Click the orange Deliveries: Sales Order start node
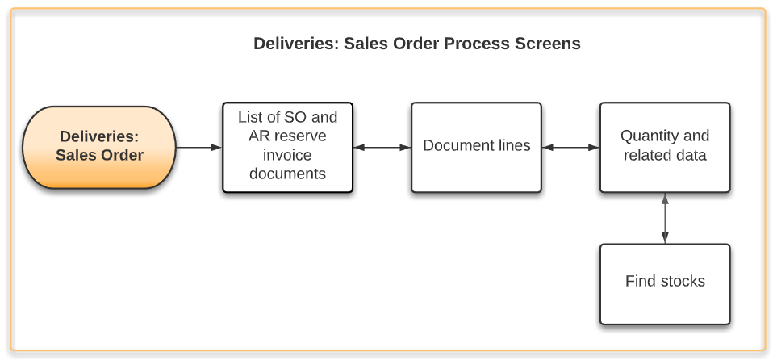pos(99,147)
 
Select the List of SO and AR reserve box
pos(287,147)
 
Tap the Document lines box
pos(476,147)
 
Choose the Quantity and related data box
pos(665,147)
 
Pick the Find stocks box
pos(665,283)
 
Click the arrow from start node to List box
pos(198,148)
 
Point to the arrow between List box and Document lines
pos(382,148)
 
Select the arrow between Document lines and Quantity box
pos(570,148)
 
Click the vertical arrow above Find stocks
pos(665,218)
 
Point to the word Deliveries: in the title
pos(295,44)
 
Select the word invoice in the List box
pos(287,155)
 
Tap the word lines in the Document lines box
pos(513,146)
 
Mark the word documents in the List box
pos(287,174)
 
